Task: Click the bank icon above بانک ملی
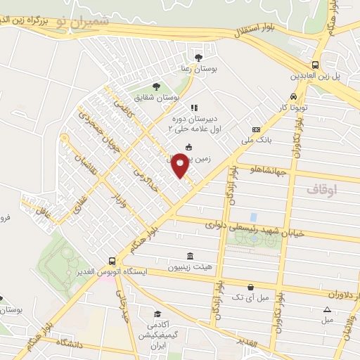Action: pyautogui.click(x=256, y=129)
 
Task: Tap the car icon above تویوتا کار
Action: pyautogui.click(x=293, y=97)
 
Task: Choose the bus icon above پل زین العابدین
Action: pyautogui.click(x=316, y=63)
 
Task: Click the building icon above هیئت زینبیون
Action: pyautogui.click(x=188, y=257)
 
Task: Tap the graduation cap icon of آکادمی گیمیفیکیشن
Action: pyautogui.click(x=158, y=314)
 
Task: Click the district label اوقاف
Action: pyautogui.click(x=322, y=190)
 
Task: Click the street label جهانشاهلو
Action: pyautogui.click(x=266, y=169)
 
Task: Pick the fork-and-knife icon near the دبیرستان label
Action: pyautogui.click(x=194, y=108)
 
